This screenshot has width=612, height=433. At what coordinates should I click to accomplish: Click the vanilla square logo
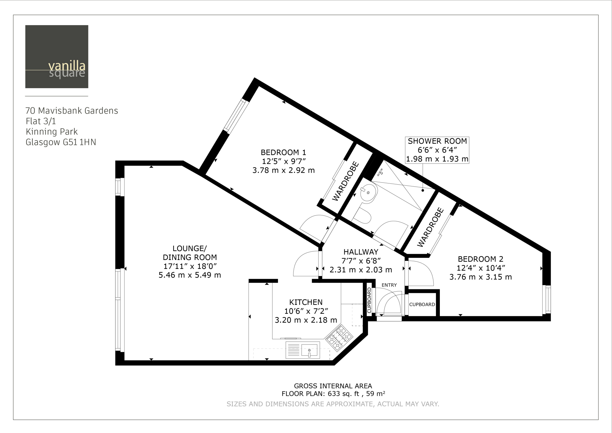(x=57, y=56)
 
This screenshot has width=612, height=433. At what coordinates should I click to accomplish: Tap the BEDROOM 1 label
(x=283, y=152)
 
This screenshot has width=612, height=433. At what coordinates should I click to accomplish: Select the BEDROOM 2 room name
(x=481, y=259)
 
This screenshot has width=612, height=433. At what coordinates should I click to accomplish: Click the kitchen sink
(x=303, y=350)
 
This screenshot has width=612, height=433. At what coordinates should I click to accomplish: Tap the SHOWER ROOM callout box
(x=437, y=150)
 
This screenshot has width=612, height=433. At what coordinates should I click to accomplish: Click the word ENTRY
(x=389, y=285)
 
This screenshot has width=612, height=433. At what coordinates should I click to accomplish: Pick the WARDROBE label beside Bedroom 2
(x=430, y=228)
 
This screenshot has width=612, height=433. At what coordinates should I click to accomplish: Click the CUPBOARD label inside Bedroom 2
(x=422, y=305)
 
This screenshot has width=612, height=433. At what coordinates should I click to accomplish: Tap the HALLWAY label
(x=361, y=252)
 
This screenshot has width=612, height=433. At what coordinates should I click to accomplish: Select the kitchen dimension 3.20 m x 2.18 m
(x=306, y=320)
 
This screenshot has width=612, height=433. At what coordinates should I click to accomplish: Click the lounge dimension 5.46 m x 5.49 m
(x=190, y=275)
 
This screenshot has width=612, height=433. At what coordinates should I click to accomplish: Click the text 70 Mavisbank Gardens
(x=72, y=111)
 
